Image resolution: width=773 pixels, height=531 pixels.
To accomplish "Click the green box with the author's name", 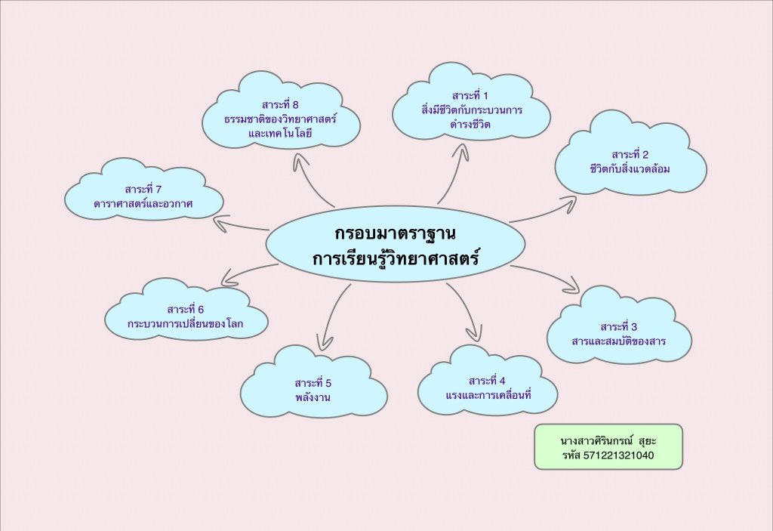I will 608,446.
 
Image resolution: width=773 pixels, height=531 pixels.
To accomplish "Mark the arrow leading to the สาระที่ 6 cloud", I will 245,273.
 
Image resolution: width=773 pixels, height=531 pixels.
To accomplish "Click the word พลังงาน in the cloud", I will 313,396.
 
